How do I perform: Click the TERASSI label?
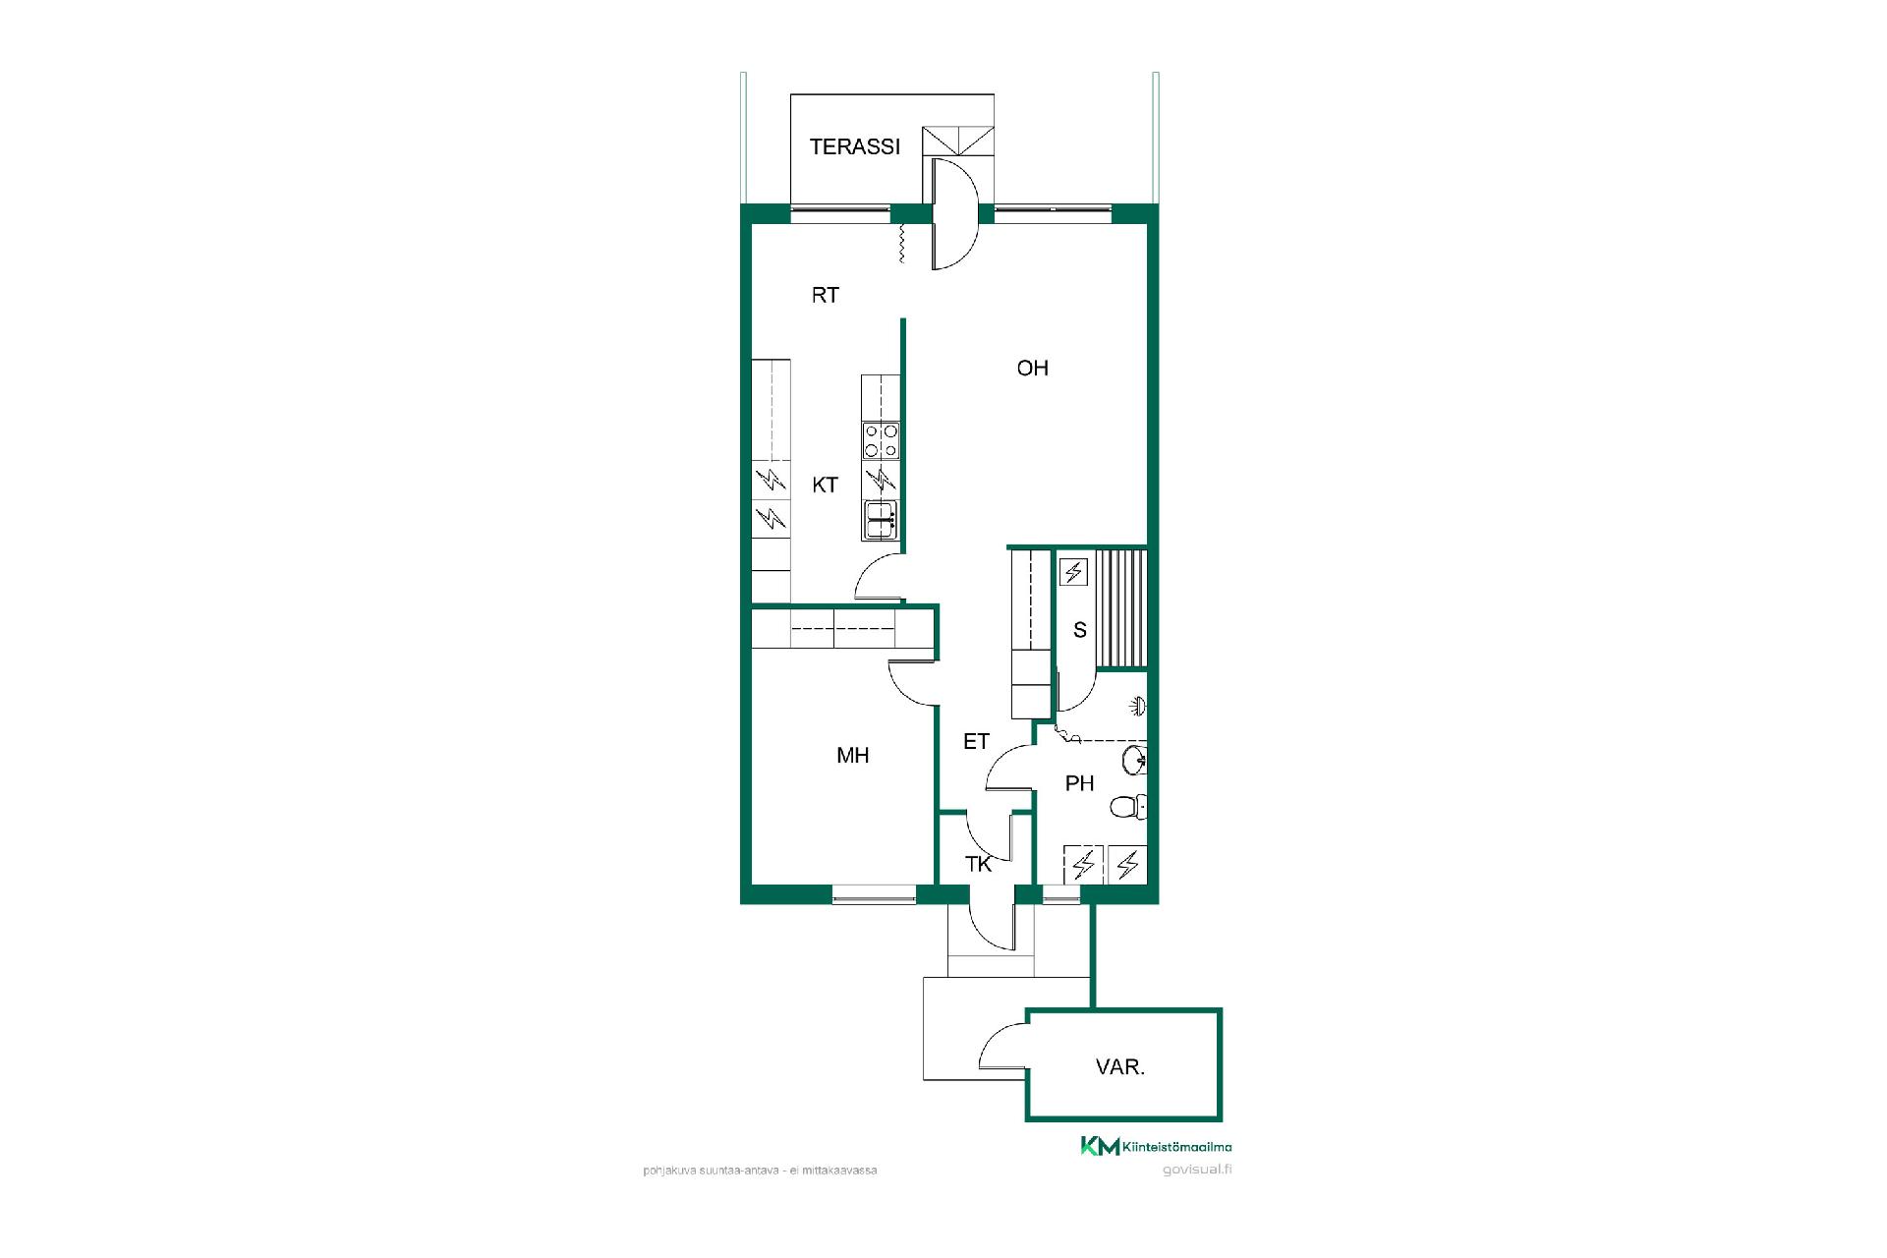click(x=854, y=147)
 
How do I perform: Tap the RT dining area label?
click(x=825, y=295)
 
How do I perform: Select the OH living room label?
click(x=1032, y=368)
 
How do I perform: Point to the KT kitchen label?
click(x=825, y=485)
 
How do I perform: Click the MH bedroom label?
click(x=852, y=755)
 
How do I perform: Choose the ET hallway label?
click(x=976, y=742)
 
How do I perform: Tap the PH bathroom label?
click(x=1079, y=783)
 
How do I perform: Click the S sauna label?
click(x=1079, y=630)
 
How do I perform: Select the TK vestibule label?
click(x=978, y=864)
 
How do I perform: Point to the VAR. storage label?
click(x=1120, y=1067)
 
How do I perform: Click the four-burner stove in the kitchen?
click(x=881, y=439)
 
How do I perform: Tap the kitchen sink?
click(x=881, y=520)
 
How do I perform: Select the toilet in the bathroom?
click(x=1127, y=808)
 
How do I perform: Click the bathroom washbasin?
click(x=1135, y=759)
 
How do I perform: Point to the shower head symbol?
click(x=1137, y=706)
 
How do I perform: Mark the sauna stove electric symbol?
click(x=1073, y=571)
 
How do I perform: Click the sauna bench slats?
click(x=1121, y=609)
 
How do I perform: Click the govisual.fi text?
click(x=1196, y=1170)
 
